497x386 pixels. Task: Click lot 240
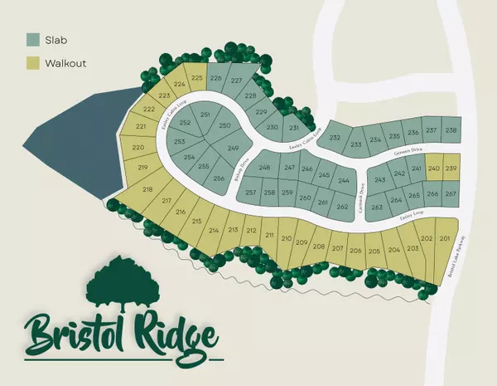(435, 169)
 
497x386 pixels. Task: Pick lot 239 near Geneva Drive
(451, 169)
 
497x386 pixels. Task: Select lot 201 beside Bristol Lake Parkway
(446, 238)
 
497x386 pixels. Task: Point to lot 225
(196, 79)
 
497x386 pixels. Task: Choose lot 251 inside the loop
(205, 115)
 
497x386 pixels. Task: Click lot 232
(335, 138)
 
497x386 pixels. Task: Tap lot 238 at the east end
(451, 130)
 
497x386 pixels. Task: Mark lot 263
(377, 207)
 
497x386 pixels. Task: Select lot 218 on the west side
(147, 190)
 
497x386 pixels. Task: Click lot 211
(269, 236)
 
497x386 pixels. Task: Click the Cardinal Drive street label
(361, 199)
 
